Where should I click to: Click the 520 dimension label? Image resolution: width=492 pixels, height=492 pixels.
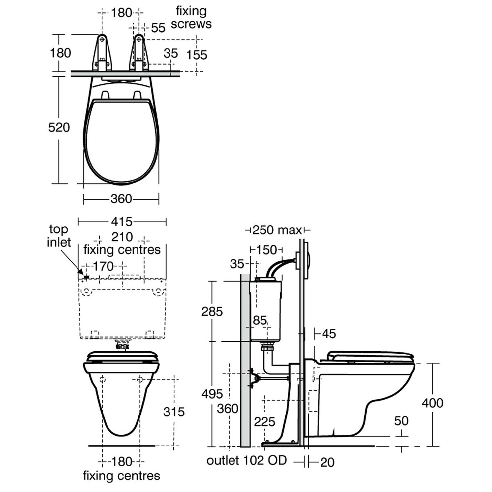(x=59, y=127)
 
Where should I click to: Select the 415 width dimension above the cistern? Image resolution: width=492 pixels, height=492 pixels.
(x=122, y=222)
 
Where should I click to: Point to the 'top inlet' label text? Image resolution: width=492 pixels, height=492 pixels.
(x=59, y=235)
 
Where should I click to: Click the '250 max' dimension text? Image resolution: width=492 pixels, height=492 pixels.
(x=277, y=230)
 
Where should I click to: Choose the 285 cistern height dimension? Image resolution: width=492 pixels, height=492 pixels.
(x=212, y=311)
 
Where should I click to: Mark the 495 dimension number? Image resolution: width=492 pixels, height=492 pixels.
(x=212, y=394)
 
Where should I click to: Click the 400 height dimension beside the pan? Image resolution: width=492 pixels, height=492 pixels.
(x=432, y=403)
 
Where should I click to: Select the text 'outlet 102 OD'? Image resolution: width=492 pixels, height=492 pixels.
(x=247, y=460)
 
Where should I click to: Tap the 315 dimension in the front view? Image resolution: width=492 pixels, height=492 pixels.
(x=174, y=412)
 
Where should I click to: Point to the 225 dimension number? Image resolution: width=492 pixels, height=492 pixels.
(x=264, y=422)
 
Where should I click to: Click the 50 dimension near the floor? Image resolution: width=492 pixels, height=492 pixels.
(x=401, y=421)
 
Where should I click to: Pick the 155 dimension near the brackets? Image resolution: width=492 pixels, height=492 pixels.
(x=197, y=55)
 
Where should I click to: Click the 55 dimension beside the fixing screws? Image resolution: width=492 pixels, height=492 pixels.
(x=158, y=28)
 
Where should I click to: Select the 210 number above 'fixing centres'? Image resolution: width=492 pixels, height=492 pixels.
(x=122, y=237)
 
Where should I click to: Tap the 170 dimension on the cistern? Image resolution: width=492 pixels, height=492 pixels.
(x=104, y=266)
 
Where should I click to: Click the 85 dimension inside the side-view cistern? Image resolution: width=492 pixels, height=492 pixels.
(x=260, y=320)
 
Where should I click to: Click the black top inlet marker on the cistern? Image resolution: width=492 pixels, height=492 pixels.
(x=86, y=278)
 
